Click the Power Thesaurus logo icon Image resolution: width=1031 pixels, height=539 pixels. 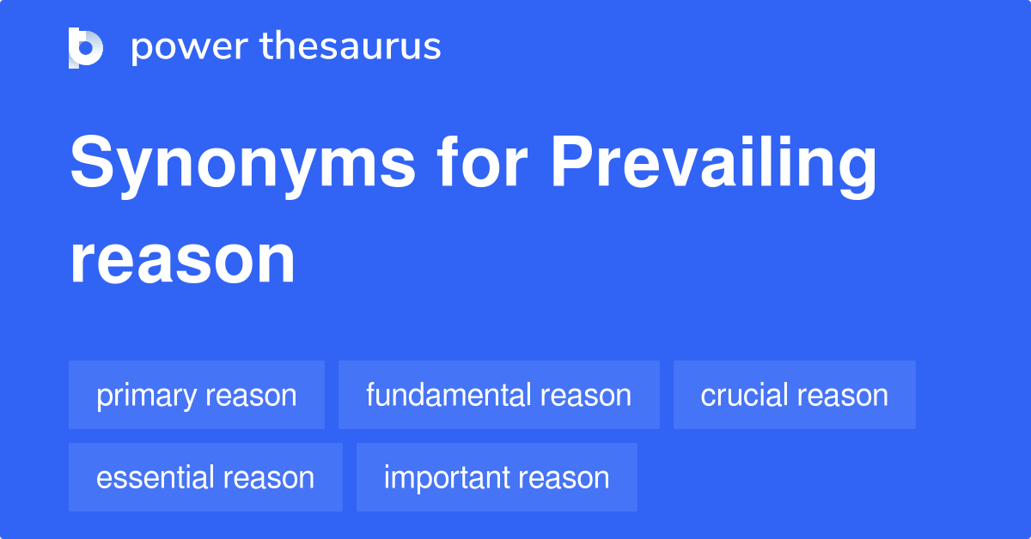coord(86,47)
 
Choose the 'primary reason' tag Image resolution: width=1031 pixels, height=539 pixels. coord(197,396)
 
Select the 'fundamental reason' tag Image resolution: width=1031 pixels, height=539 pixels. coord(498,396)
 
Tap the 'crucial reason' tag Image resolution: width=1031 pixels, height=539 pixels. coord(794,396)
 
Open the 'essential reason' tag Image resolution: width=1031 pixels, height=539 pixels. coord(205,478)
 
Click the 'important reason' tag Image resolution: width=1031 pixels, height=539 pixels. coord(497,478)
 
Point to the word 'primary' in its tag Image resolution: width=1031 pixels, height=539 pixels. coord(146,397)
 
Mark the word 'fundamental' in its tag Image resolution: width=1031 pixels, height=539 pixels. coord(448,396)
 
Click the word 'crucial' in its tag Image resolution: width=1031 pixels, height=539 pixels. coord(742,396)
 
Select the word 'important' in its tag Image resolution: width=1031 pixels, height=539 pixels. coord(446,478)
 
